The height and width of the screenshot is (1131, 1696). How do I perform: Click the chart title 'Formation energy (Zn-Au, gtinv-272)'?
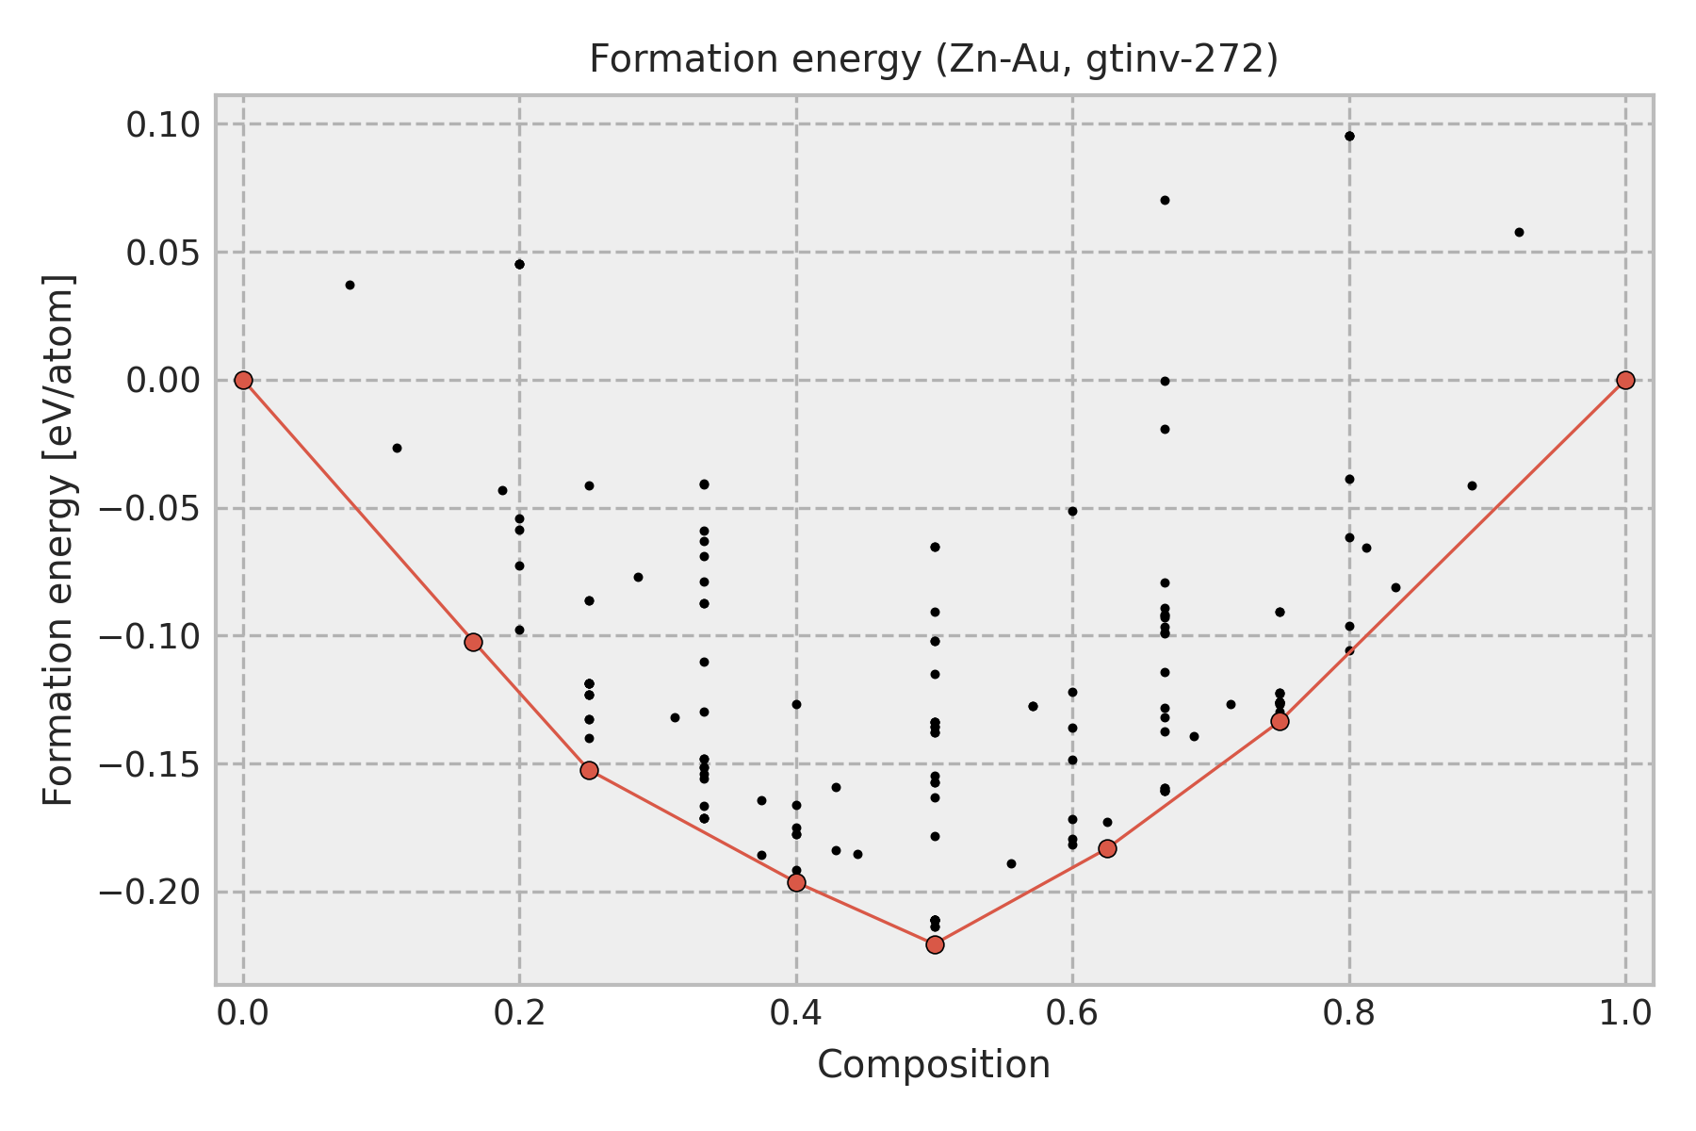coord(933,59)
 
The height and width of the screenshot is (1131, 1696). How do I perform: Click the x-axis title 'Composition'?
coord(933,1065)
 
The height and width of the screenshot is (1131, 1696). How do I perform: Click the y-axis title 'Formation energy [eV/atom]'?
coord(58,540)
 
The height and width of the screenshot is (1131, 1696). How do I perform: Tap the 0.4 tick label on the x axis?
coord(796,1013)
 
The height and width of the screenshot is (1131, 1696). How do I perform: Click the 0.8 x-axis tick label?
coord(1349,1013)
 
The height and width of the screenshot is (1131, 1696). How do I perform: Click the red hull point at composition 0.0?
coord(243,380)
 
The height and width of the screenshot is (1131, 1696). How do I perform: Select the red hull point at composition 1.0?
coord(1625,380)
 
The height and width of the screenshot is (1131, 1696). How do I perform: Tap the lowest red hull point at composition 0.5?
coord(935,944)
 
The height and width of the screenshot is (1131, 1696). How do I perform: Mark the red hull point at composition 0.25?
coord(589,770)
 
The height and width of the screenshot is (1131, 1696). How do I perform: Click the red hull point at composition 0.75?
coord(1280,721)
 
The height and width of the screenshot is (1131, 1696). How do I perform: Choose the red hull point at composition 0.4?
coord(796,882)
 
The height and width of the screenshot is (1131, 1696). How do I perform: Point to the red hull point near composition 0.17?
coord(473,642)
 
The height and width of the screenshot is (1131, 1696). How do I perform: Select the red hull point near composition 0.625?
coord(1107,848)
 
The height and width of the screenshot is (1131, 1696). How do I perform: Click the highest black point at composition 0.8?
coord(1349,136)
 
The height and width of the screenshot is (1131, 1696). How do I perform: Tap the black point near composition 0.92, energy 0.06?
coord(1519,232)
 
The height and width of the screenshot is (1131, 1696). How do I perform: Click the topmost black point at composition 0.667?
coord(1165,200)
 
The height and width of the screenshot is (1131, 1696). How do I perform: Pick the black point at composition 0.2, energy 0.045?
coord(519,264)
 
